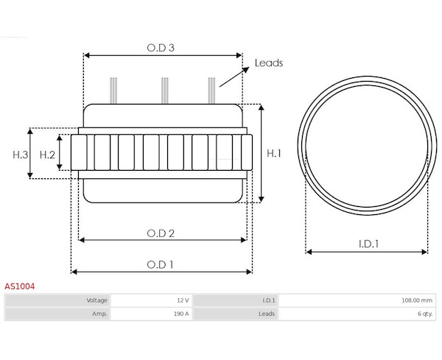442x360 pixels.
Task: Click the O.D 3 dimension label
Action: click(161, 48)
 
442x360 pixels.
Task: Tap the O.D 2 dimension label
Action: click(161, 233)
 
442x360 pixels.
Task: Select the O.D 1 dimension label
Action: click(160, 264)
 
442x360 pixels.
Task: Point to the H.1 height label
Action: click(274, 153)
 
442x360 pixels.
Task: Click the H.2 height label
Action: click(47, 155)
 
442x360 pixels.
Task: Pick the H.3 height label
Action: click(21, 155)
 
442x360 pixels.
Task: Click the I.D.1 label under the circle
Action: click(369, 244)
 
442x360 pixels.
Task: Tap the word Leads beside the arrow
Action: click(269, 63)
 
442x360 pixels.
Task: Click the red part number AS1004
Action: click(19, 286)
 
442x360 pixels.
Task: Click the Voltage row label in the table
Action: click(97, 300)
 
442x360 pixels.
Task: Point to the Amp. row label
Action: click(99, 314)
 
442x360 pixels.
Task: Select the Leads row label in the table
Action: click(267, 314)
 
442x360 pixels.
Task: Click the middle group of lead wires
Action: click(165, 91)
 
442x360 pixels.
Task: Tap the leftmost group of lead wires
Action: click(113, 91)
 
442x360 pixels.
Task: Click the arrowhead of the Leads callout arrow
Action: click(246, 69)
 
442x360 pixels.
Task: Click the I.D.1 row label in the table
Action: click(269, 300)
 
